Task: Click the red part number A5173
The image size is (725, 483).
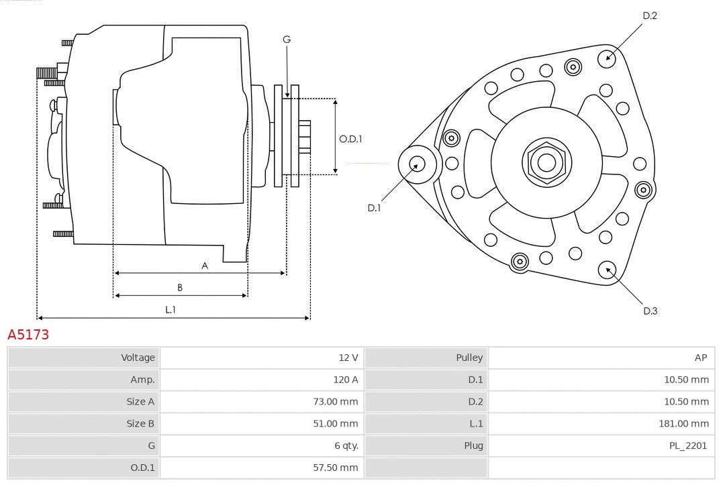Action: point(28,335)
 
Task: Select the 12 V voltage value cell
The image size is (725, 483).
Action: point(348,358)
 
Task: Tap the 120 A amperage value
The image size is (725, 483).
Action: point(346,380)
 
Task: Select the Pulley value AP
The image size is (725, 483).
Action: point(700,358)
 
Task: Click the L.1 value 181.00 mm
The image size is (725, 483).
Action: point(683,423)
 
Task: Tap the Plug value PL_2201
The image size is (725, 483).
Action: point(687,445)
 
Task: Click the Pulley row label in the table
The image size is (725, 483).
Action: point(469,358)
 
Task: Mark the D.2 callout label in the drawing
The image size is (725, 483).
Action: point(650,15)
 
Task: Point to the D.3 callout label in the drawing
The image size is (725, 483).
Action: point(650,311)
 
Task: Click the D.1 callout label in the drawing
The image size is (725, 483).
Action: point(374,208)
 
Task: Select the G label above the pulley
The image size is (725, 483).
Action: point(287,40)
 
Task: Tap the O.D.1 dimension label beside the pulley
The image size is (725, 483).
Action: point(350,139)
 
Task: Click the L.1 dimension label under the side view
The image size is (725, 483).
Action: point(171,309)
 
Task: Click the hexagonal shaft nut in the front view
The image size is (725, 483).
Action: point(546,162)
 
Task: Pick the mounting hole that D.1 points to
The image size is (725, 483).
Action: point(417,164)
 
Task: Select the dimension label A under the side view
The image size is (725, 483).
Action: point(205,266)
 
